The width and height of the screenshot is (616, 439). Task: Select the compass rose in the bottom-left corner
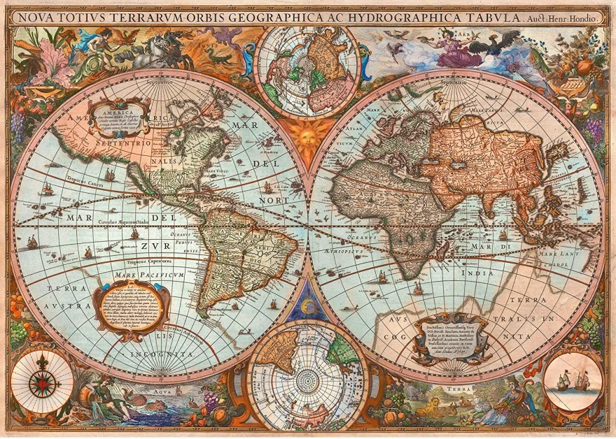click(x=42, y=382)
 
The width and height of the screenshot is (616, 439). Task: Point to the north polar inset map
click(x=308, y=66)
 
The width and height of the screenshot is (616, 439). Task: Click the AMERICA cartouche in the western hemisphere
click(x=119, y=117)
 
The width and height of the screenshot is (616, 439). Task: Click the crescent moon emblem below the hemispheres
click(x=308, y=302)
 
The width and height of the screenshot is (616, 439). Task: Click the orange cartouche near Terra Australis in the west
click(x=129, y=308)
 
